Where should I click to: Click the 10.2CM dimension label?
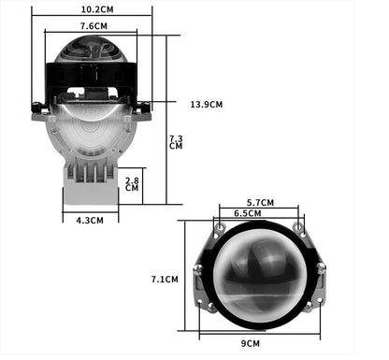(x=97, y=9)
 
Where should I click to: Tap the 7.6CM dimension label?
(x=94, y=26)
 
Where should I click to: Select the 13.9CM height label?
(x=207, y=105)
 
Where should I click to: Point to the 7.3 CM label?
(x=176, y=142)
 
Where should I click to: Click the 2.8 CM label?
(x=132, y=184)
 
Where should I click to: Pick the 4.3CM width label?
(x=90, y=221)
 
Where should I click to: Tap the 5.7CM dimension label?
(x=260, y=203)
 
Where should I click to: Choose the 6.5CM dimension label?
(x=248, y=213)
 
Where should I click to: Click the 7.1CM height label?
(x=165, y=280)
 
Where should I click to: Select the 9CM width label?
(x=250, y=343)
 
